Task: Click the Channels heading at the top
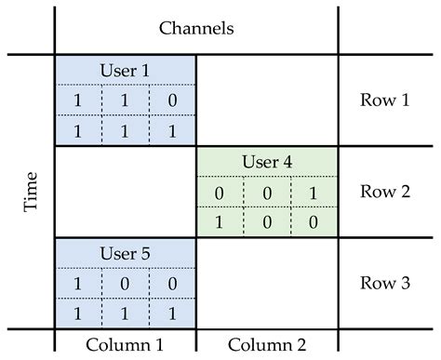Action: pyautogui.click(x=196, y=28)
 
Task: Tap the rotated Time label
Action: pyautogui.click(x=31, y=192)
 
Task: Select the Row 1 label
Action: pyautogui.click(x=384, y=100)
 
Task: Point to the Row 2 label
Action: pyautogui.click(x=384, y=192)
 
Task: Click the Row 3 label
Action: pyautogui.click(x=384, y=283)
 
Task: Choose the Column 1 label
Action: pyautogui.click(x=126, y=343)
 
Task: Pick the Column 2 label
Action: pyautogui.click(x=267, y=343)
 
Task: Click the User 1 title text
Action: pyautogui.click(x=126, y=70)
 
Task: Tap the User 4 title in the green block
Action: pyautogui.click(x=267, y=162)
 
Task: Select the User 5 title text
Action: pyautogui.click(x=126, y=253)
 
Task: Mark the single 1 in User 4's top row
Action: pyautogui.click(x=314, y=193)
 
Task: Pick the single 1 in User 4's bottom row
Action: pyautogui.click(x=220, y=222)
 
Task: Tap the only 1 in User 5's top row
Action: pyautogui.click(x=78, y=284)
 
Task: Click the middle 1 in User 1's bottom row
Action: pyautogui.click(x=126, y=130)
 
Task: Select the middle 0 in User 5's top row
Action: pyautogui.click(x=126, y=284)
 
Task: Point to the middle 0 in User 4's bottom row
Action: pyautogui.click(x=267, y=222)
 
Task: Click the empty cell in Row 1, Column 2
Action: pyautogui.click(x=267, y=100)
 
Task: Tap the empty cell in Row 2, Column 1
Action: pyautogui.click(x=126, y=192)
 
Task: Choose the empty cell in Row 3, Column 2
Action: pyautogui.click(x=267, y=283)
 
